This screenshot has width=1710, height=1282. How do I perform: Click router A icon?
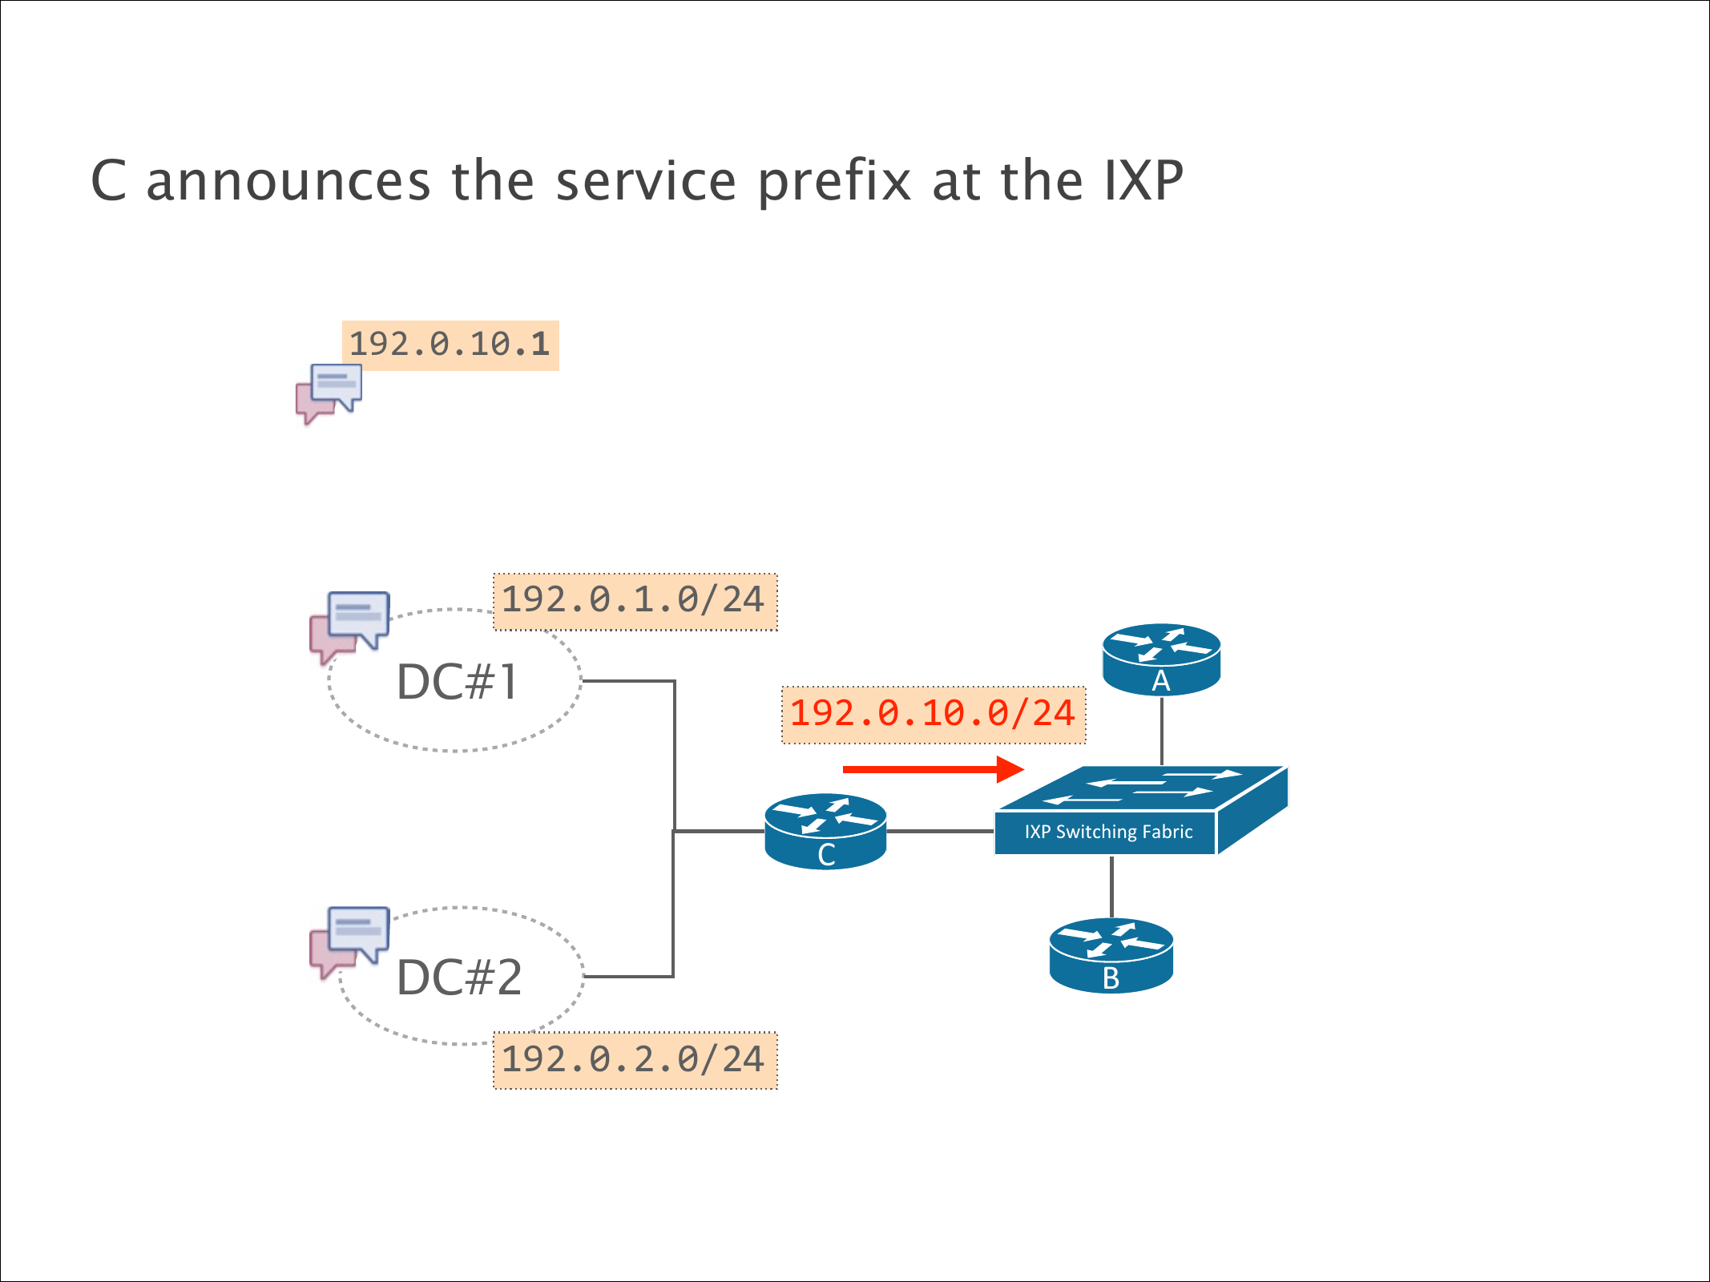[1161, 659]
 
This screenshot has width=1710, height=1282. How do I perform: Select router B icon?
[1111, 955]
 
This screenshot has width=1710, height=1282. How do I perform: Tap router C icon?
[825, 831]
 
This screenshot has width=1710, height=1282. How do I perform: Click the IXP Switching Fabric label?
[1108, 832]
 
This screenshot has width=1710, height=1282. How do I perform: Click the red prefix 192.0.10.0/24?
[933, 714]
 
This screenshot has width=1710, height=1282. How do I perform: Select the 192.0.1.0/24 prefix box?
[635, 601]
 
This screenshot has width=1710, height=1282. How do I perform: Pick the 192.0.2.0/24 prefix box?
[635, 1060]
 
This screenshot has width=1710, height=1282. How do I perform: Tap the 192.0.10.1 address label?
[450, 345]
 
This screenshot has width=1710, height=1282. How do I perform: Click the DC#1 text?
[458, 682]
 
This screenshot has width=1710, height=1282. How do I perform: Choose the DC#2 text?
[459, 978]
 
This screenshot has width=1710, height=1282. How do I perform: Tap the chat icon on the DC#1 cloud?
[349, 625]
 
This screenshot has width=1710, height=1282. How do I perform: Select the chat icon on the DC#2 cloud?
[349, 940]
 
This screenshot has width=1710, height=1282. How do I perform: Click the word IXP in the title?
[1143, 181]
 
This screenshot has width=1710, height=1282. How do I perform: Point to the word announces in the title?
[288, 181]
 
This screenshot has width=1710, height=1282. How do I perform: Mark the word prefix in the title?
[834, 181]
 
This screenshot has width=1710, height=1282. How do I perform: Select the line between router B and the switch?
[1111, 887]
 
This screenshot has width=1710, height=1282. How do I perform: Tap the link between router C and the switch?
[940, 831]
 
